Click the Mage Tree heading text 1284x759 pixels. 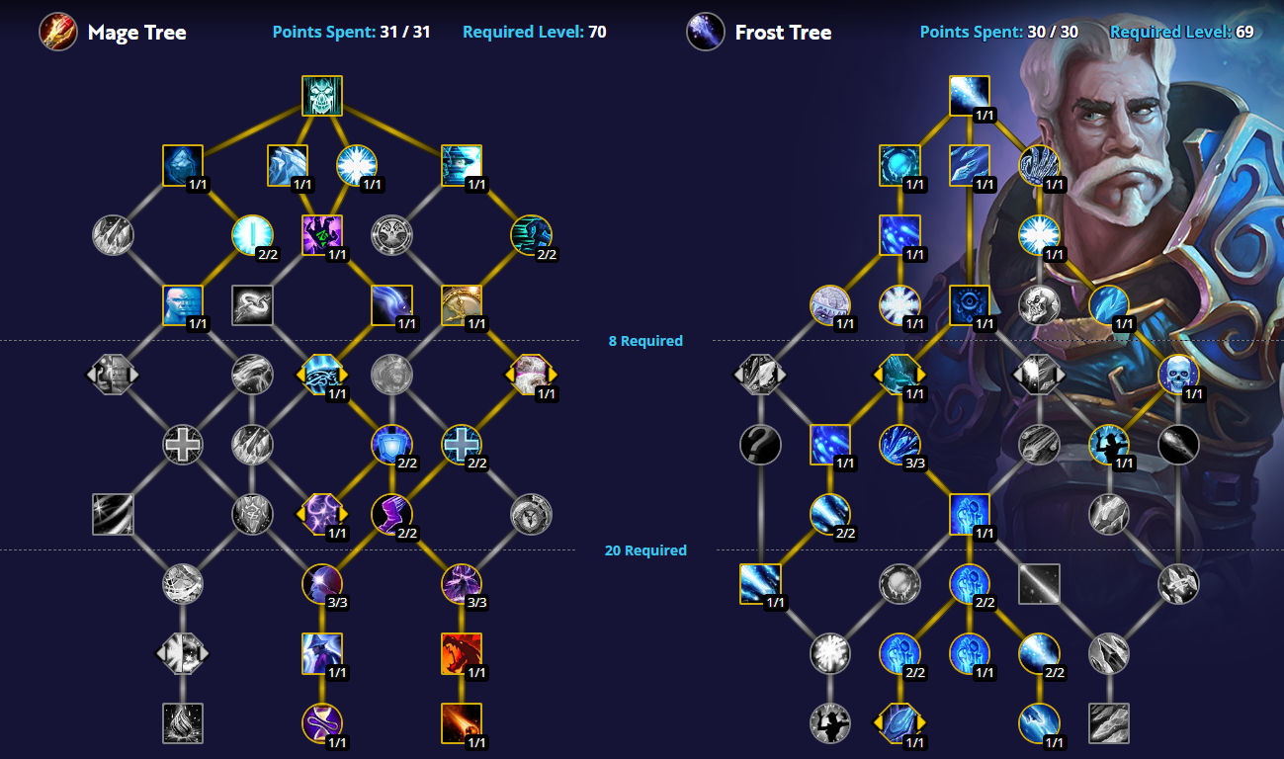coord(137,33)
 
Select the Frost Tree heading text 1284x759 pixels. coord(783,33)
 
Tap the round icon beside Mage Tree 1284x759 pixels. coord(58,32)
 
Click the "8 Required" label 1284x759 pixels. coord(645,341)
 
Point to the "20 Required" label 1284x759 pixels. coord(645,550)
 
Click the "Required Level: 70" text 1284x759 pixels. coord(534,32)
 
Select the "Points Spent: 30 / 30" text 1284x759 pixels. coord(999,32)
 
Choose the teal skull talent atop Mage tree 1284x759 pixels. coord(322,96)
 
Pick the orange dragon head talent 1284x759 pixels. coord(462,653)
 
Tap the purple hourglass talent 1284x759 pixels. coord(322,723)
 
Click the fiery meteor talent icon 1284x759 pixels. coord(462,723)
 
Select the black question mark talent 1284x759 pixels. coord(760,445)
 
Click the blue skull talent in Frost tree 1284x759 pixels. coord(1178,375)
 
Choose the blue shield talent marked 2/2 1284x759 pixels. coord(392,445)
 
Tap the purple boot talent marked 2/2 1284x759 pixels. coord(392,514)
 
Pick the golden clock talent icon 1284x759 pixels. coord(462,305)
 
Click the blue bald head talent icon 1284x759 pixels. coord(183,305)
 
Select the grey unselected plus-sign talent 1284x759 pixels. coord(183,445)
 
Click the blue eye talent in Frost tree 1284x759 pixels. coord(970,305)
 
